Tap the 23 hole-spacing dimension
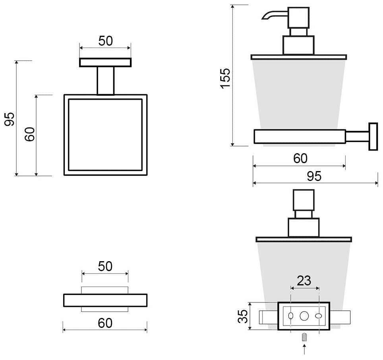(x=304, y=281)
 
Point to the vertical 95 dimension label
(x=10, y=118)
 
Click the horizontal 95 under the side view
(x=314, y=176)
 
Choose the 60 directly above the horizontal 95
(x=300, y=158)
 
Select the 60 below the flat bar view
(x=105, y=323)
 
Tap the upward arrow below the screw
(x=304, y=350)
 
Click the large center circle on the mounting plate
(x=304, y=316)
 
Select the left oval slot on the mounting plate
(x=291, y=316)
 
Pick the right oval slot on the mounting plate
(x=318, y=316)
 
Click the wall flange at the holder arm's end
(x=373, y=137)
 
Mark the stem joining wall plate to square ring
(x=105, y=81)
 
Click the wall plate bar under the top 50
(x=105, y=62)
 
